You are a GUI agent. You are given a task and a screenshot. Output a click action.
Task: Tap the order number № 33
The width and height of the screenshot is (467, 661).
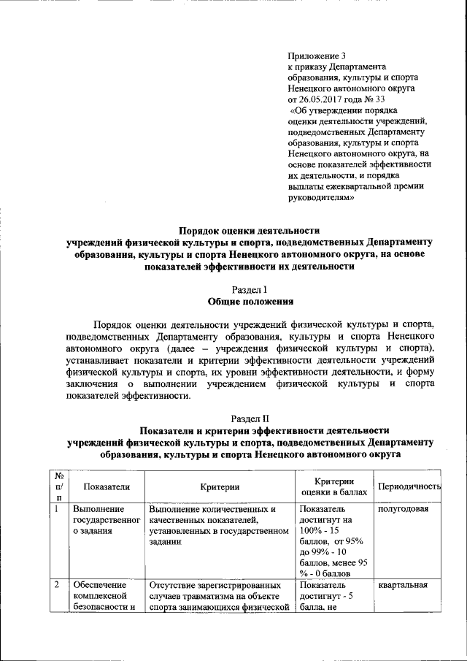[x=379, y=99]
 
